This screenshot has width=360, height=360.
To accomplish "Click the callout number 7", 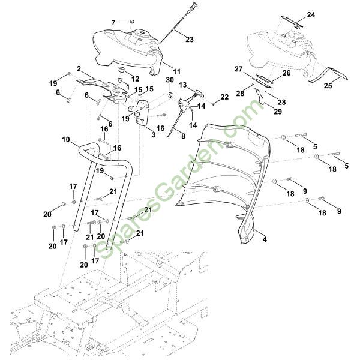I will pyautogui.click(x=113, y=22).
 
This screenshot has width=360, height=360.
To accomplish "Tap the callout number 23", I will pyautogui.click(x=190, y=40).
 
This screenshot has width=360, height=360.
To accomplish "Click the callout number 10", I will pyautogui.click(x=66, y=140).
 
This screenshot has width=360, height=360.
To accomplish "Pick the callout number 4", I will pyautogui.click(x=265, y=240).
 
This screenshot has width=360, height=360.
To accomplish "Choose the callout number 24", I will pyautogui.click(x=310, y=14).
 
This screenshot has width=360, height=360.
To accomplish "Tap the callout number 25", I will pyautogui.click(x=327, y=85).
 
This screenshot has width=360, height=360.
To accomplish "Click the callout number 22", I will pyautogui.click(x=224, y=97).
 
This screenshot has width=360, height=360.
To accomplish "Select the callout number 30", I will pyautogui.click(x=170, y=80).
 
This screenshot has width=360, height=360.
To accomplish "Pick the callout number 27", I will pyautogui.click(x=239, y=69).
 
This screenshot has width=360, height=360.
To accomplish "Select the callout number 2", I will pyautogui.click(x=79, y=68).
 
